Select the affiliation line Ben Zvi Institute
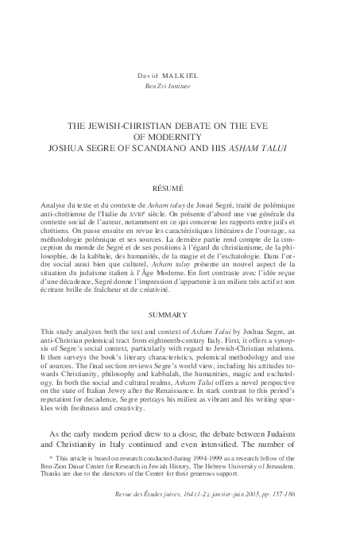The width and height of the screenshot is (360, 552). pos(179,86)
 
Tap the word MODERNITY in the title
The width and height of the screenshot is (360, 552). pos(180,135)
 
